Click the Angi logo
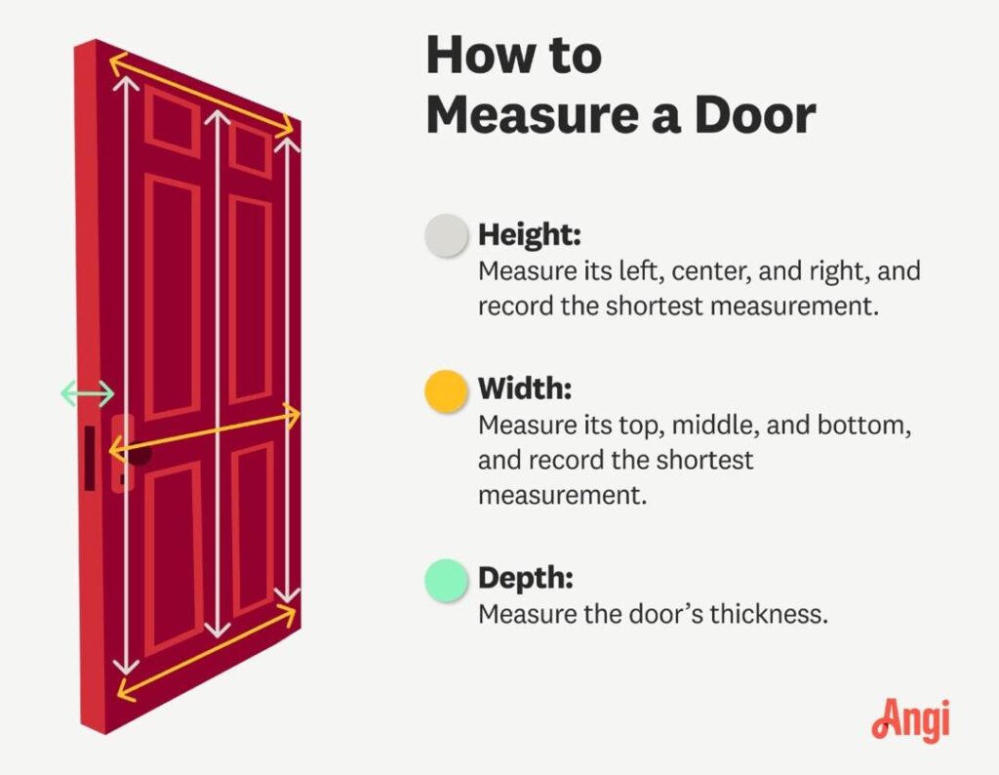(x=910, y=719)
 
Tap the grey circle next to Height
(x=446, y=235)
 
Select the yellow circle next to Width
(x=446, y=390)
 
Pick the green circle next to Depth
(x=446, y=580)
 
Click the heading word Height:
(x=530, y=235)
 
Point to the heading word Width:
(x=525, y=388)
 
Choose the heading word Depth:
(x=526, y=578)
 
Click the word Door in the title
(x=755, y=115)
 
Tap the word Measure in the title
(x=533, y=115)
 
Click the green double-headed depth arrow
(x=87, y=393)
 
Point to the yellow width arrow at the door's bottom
(x=207, y=653)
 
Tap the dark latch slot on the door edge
(x=90, y=458)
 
